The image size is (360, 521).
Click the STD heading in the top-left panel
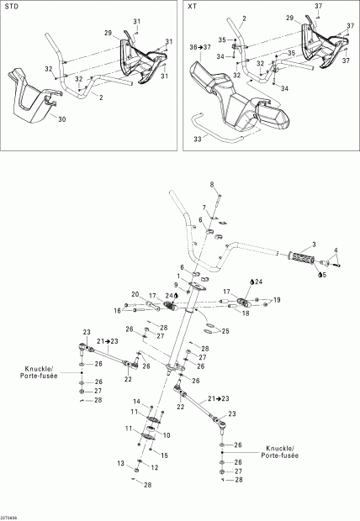(x=12, y=8)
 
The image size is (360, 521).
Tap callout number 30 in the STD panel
(x=61, y=119)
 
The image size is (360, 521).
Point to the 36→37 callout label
(x=200, y=47)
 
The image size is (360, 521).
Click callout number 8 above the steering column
(x=212, y=184)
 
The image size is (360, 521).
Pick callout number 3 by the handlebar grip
(x=314, y=244)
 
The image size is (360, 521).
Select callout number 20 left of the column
(x=135, y=294)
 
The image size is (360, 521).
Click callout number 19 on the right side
(x=278, y=299)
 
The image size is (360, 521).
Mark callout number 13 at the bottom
(x=120, y=463)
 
